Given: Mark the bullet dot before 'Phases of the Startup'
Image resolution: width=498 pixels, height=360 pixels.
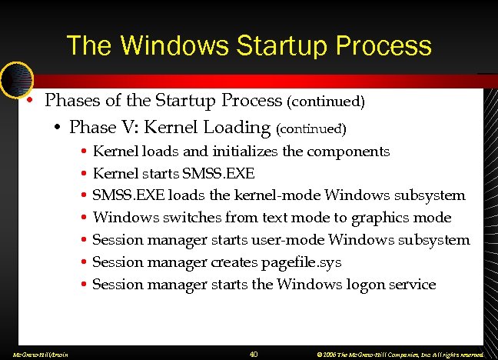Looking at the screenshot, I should [28, 102].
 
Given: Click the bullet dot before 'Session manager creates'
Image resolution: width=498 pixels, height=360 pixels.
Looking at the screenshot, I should [82, 262].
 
